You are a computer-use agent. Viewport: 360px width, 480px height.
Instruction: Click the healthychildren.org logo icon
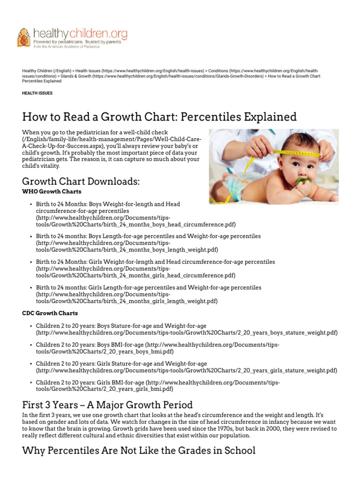pyautogui.click(x=23, y=37)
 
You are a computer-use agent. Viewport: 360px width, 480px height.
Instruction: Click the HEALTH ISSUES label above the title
pyautogui.click(x=37, y=93)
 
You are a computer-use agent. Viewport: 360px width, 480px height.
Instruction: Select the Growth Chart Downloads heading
pyautogui.click(x=81, y=181)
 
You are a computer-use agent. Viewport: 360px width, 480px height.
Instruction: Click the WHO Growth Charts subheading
pyautogui.click(x=52, y=191)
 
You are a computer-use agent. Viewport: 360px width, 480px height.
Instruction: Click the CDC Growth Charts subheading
pyautogui.click(x=50, y=313)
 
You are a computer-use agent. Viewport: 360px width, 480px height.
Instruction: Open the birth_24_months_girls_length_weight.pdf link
pyautogui.click(x=127, y=300)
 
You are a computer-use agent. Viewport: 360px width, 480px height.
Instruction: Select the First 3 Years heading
pyautogui.click(x=107, y=404)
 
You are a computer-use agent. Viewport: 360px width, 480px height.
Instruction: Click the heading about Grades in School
pyautogui.click(x=139, y=450)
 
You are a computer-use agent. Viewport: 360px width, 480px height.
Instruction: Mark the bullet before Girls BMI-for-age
pyautogui.click(x=30, y=382)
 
